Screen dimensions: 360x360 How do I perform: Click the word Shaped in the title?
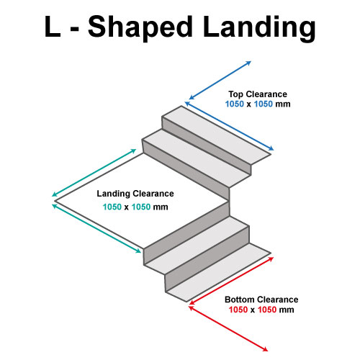coord(140,28)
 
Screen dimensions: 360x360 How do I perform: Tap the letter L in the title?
coord(53,26)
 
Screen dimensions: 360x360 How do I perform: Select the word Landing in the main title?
coord(259,28)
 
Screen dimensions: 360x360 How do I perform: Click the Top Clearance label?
coord(258,94)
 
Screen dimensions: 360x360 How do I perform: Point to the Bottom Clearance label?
coord(261,300)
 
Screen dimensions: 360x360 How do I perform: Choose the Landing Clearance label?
coord(135,194)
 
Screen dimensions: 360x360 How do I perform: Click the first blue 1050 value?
coord(235,104)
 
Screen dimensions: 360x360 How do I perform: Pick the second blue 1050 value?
coord(264,104)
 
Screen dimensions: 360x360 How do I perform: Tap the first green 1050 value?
coord(112,207)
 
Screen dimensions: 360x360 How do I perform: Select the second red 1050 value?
coord(267,310)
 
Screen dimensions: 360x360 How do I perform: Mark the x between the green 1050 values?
coord(127,207)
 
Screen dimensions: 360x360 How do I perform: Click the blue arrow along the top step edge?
coord(229,126)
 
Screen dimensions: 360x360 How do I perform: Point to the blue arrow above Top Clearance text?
coord(220,80)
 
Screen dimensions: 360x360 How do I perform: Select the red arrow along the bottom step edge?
coord(231,281)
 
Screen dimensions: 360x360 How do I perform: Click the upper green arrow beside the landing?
coord(94,173)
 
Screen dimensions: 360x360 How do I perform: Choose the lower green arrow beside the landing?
coord(96,228)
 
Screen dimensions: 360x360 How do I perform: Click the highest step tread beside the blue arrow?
coord(217,135)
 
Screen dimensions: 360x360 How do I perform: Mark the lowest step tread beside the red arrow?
coord(218,272)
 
